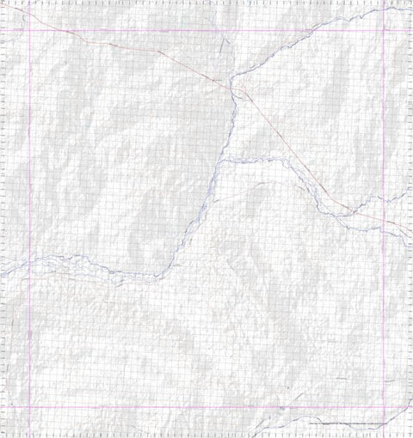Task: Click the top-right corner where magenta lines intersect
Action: (384, 30)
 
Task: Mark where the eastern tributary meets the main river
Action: (221, 161)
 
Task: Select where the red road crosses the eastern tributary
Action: (344, 207)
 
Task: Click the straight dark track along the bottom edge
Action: (344, 423)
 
